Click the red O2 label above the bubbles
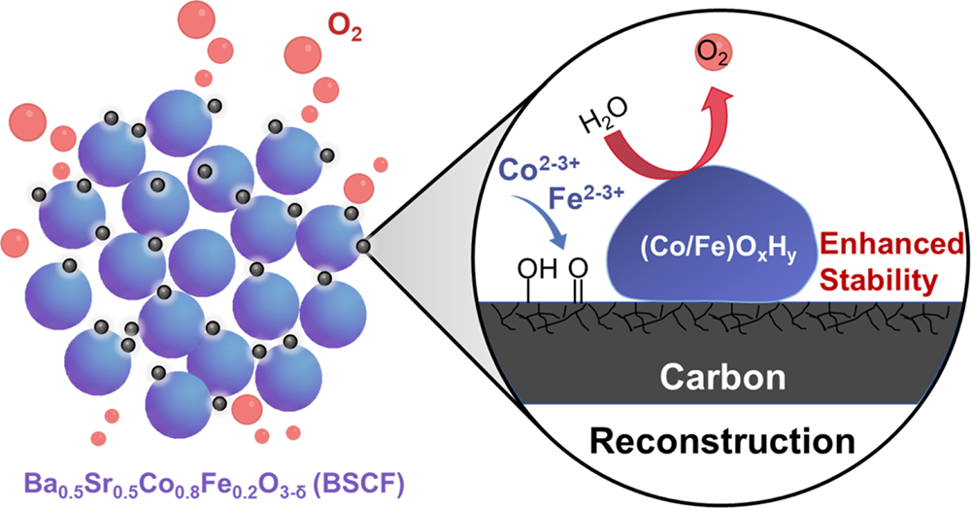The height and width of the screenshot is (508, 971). point(344,29)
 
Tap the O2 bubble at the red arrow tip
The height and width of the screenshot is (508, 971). point(714,53)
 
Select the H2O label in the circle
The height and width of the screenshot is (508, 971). point(604,117)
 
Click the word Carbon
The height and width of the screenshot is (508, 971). point(722,377)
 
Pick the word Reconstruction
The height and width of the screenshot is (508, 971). point(722,441)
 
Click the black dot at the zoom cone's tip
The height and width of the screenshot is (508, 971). point(363,247)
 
